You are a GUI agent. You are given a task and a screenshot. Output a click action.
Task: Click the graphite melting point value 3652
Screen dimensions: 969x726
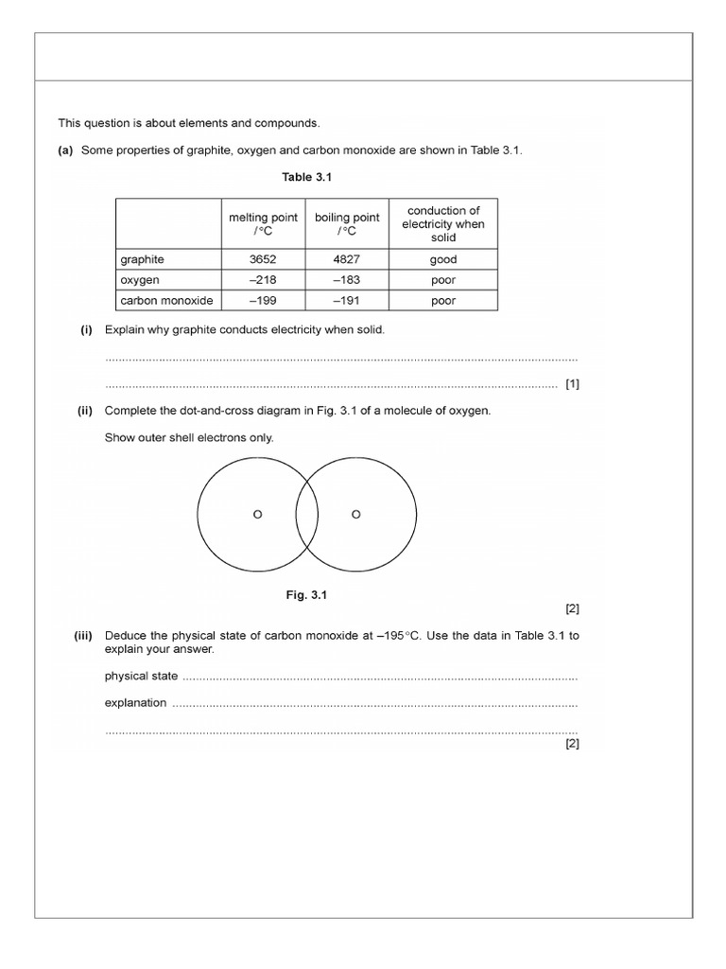tap(263, 259)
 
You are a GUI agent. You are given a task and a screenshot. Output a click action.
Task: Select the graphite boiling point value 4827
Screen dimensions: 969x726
tap(347, 259)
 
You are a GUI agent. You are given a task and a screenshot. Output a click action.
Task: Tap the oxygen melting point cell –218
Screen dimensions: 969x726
tap(263, 280)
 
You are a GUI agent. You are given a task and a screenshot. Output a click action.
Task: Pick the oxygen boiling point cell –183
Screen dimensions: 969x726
tap(347, 280)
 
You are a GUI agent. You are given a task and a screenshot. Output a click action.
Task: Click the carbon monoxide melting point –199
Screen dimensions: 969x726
tap(263, 301)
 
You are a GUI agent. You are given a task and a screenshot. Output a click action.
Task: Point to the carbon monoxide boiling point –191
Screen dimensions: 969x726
tap(347, 301)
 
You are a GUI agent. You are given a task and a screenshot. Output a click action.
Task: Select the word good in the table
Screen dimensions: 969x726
tap(442, 259)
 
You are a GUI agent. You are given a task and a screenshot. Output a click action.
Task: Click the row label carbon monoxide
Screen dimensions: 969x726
tap(166, 301)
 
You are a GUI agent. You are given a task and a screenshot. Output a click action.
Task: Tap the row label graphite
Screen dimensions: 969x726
tap(142, 259)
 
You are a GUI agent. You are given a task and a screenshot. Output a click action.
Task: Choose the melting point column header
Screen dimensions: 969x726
tap(263, 223)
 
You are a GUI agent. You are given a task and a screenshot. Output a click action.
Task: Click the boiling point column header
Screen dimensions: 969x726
tap(347, 223)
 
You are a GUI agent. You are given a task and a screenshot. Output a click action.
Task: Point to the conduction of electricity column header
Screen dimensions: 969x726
tap(442, 223)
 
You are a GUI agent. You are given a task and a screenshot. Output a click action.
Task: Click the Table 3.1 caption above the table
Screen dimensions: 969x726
tap(306, 177)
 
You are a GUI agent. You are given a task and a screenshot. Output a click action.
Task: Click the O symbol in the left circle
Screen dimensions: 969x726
tap(257, 514)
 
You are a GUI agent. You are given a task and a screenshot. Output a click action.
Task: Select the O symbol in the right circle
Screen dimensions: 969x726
tap(355, 514)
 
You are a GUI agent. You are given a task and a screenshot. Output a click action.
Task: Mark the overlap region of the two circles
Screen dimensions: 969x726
tap(306, 514)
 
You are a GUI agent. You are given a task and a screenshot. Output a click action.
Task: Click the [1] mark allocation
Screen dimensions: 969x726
tap(571, 384)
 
